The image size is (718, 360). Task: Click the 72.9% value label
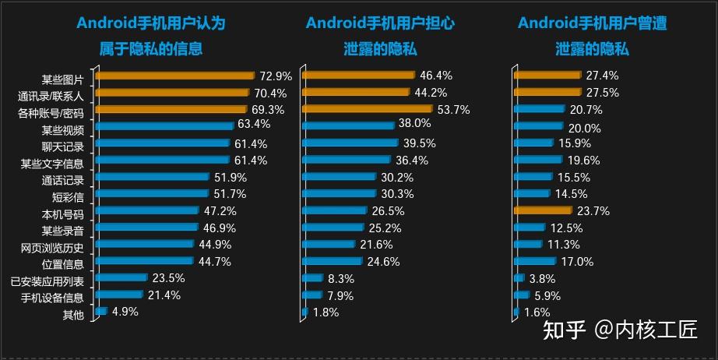276,76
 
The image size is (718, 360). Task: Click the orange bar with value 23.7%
544,210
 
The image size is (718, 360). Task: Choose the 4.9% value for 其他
125,312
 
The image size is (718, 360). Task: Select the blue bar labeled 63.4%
164,125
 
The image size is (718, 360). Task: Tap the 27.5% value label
603,93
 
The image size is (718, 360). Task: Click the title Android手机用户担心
380,23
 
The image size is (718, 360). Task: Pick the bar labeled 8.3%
313,278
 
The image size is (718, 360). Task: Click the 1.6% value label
537,312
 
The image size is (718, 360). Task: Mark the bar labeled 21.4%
119,295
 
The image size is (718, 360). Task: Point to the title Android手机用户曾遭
592,23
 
